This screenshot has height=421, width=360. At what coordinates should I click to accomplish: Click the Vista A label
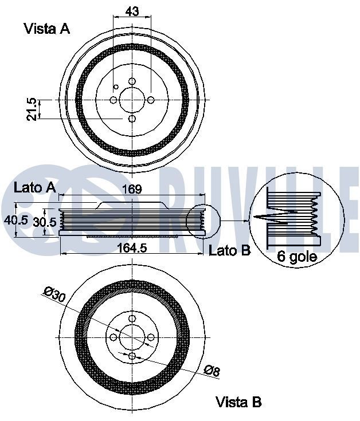(46, 29)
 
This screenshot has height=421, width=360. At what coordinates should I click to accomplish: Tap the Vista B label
(238, 402)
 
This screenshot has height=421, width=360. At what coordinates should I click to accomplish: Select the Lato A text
(34, 187)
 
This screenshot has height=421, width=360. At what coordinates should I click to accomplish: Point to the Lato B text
(230, 250)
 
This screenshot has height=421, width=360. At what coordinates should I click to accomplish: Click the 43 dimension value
(132, 11)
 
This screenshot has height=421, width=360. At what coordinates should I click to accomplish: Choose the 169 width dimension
(132, 189)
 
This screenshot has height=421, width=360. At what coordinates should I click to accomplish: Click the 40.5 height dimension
(15, 221)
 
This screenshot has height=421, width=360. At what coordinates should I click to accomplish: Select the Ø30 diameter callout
(54, 294)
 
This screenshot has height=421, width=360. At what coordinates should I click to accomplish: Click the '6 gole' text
(297, 257)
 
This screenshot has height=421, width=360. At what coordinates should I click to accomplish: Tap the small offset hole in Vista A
(117, 87)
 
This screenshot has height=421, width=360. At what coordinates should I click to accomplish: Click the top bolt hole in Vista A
(132, 81)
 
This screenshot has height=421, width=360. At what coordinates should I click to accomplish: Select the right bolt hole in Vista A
(151, 100)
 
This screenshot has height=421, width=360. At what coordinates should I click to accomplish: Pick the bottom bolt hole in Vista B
(132, 356)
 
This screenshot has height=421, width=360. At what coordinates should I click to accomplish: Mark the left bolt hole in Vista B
(114, 337)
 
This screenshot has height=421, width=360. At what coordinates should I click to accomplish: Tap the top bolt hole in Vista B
(132, 318)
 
